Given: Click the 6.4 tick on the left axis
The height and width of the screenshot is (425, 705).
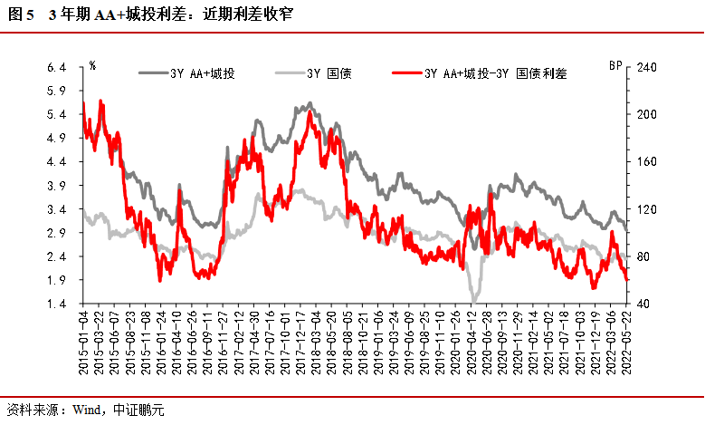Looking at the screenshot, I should (56, 67).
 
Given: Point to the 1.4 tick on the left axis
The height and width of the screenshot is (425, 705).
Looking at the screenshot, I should (56, 304).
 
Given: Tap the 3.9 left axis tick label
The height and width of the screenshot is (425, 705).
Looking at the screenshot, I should (56, 186).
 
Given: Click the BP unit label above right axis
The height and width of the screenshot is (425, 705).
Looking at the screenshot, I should (615, 66).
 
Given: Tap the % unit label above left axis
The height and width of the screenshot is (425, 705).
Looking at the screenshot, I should (92, 66).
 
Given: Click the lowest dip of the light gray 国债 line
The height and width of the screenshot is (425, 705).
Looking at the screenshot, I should (472, 301).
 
